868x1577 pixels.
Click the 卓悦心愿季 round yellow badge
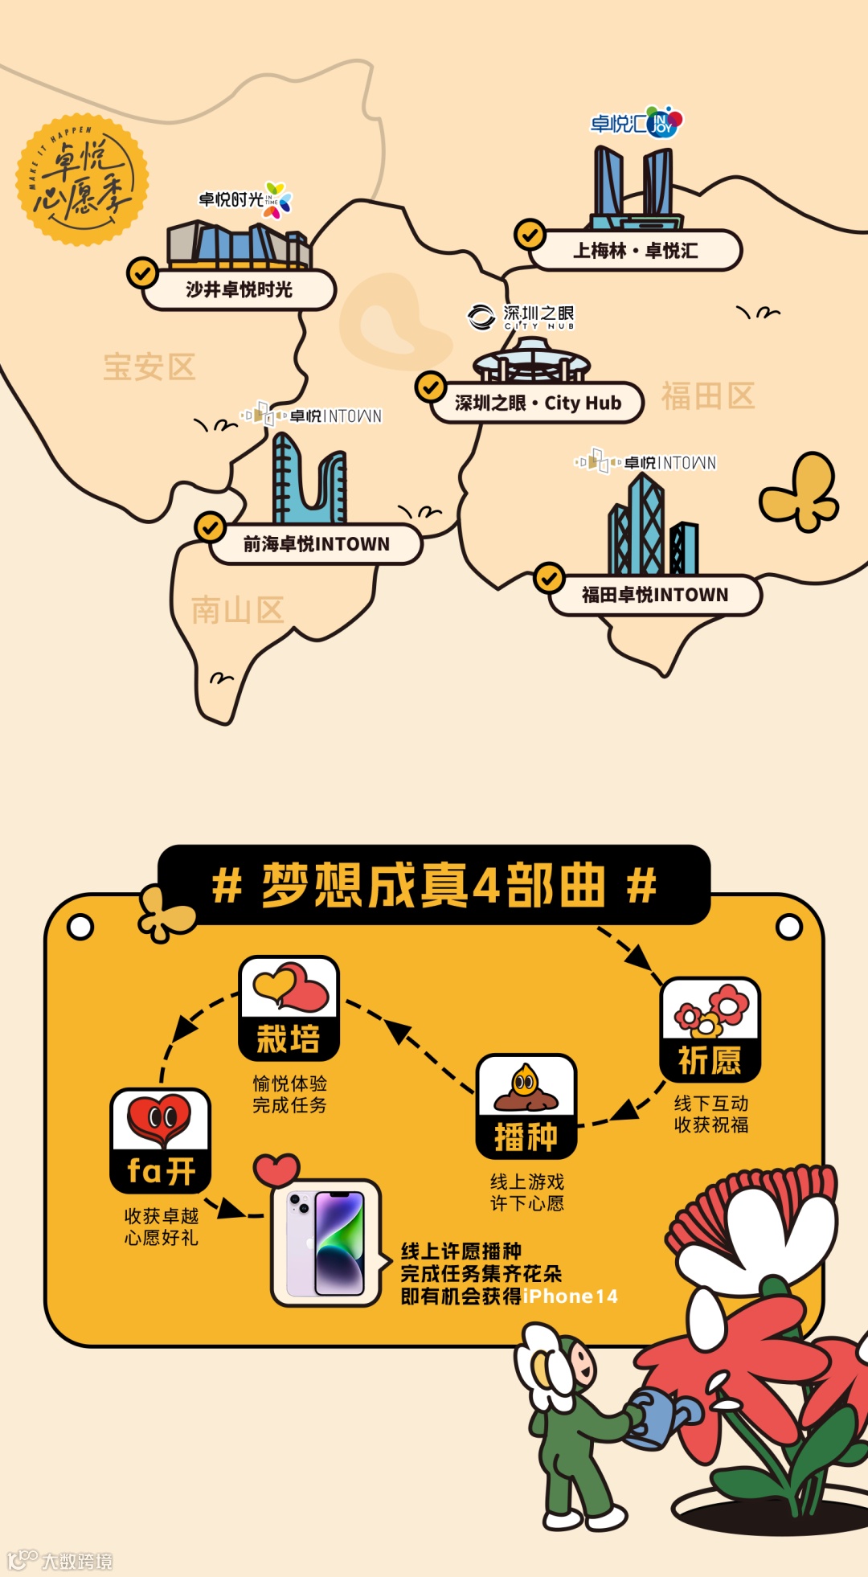(x=82, y=179)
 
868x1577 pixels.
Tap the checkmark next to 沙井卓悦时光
(x=142, y=272)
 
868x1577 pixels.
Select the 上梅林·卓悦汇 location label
(x=635, y=251)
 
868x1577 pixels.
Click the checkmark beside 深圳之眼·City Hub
(x=431, y=387)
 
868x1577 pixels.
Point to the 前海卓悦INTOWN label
(x=316, y=544)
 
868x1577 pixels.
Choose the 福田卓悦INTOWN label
(x=655, y=595)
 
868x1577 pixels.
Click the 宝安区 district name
(x=149, y=367)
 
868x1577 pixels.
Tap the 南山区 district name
(x=237, y=610)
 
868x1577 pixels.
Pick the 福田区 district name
(x=707, y=396)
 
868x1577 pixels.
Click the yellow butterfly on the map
(x=800, y=492)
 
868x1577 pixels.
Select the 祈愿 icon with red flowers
(x=710, y=1029)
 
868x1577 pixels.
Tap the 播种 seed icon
(x=526, y=1105)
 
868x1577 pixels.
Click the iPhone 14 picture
(x=326, y=1243)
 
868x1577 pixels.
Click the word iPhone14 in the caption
(x=570, y=1296)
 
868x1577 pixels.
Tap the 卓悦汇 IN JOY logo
(x=637, y=122)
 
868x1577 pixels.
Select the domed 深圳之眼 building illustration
(x=531, y=360)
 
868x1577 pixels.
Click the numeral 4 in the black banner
(x=486, y=887)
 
